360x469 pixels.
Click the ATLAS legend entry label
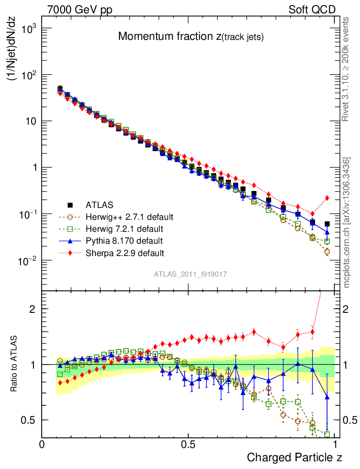pos(99,205)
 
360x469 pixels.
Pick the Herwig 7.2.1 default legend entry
pos(125,229)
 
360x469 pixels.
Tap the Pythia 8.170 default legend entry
pos(124,240)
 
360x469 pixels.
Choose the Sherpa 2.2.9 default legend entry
pos(125,252)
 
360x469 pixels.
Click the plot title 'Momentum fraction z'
pos(191,37)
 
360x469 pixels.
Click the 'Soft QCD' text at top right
pos(312,10)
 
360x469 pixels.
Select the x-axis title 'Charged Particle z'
pos(294,457)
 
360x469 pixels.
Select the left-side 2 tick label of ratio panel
pos(33,309)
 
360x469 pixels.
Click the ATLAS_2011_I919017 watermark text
pos(191,274)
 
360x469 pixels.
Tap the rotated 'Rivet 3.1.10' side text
pos(346,69)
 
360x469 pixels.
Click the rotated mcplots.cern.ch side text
pos(346,222)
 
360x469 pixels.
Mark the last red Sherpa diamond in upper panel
pos(327,198)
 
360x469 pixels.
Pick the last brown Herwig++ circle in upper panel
pos(327,251)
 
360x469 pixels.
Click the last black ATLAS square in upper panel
pos(327,224)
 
